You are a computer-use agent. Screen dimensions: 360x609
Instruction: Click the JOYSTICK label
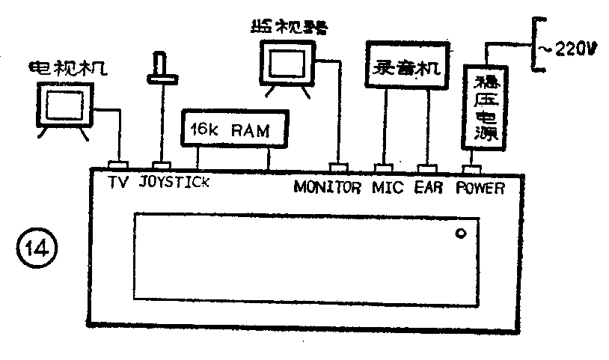point(174,183)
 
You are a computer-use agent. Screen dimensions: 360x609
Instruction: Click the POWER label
point(481,187)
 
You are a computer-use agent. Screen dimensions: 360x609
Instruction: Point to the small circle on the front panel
point(462,234)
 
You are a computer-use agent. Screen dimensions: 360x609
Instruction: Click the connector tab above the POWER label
point(471,169)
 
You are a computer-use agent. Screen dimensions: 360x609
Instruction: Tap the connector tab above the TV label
point(119,164)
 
